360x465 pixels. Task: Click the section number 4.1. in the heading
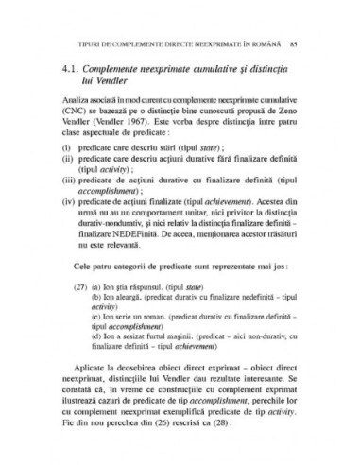coord(71,70)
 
